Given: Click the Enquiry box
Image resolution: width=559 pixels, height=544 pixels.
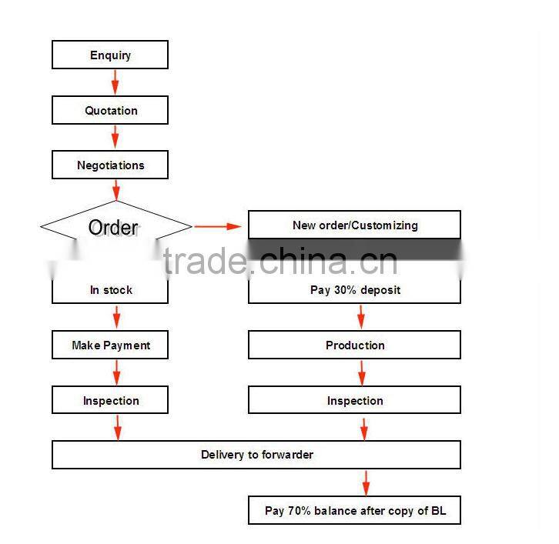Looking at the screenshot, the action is [x=110, y=55].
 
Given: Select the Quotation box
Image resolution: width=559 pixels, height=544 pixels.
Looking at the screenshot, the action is [x=110, y=111].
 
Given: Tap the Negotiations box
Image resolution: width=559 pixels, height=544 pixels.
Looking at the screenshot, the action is [x=110, y=165].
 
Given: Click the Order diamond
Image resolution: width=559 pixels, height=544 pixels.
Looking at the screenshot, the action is [x=114, y=227].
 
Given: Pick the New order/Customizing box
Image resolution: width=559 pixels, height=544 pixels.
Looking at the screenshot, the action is [x=354, y=225].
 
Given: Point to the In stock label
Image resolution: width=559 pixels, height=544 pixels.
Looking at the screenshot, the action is [x=111, y=290].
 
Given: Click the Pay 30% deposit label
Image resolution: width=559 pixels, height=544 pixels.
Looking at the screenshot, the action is [x=355, y=290].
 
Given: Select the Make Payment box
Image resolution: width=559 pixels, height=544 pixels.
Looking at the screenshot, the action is [x=110, y=345].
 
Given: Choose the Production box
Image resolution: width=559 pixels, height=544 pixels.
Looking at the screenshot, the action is [x=354, y=345].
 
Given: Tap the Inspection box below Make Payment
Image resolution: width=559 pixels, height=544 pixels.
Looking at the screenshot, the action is [x=110, y=401].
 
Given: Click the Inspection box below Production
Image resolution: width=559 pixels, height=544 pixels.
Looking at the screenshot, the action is [x=354, y=401].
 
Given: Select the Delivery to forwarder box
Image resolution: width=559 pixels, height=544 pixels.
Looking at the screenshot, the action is [x=256, y=455].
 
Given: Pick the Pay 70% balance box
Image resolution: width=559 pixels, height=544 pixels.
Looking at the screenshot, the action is [x=354, y=510].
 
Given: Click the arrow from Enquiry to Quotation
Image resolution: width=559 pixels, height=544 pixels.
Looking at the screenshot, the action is [x=115, y=82].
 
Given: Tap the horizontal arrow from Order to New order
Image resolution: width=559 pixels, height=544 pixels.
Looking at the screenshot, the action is [x=219, y=226].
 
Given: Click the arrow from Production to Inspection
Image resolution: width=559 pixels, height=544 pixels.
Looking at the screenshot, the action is [x=361, y=373].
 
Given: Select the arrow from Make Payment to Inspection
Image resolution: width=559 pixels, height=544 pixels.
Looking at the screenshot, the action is [x=116, y=373].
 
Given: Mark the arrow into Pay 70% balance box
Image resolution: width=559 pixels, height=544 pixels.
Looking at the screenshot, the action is [x=366, y=482].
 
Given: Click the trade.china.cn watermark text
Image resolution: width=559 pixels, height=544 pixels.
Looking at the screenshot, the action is [x=281, y=262].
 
